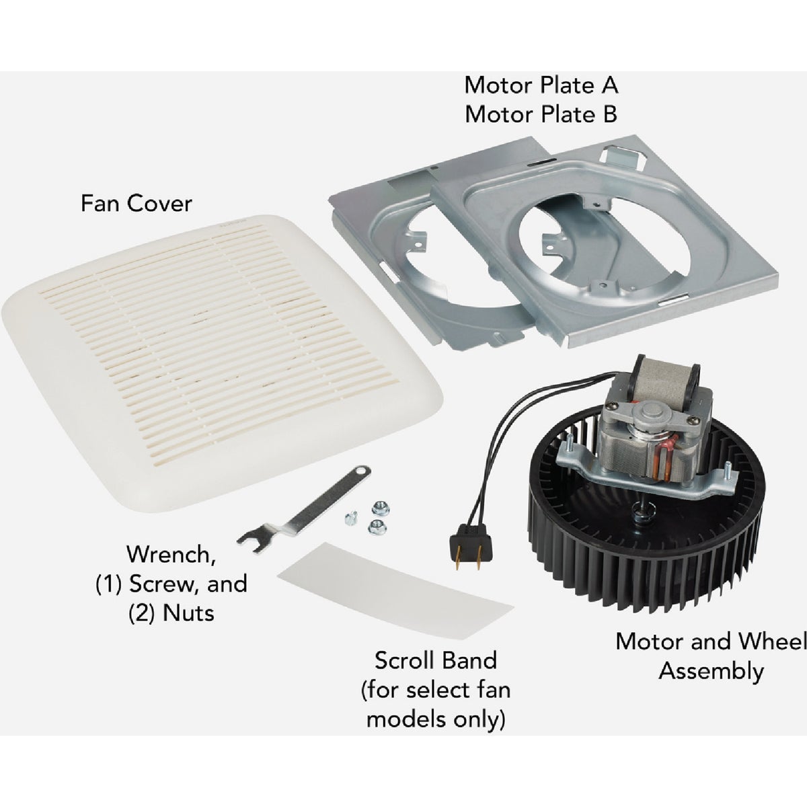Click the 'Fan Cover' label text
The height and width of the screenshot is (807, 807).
point(136,203)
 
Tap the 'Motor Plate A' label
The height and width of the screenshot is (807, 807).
point(541,85)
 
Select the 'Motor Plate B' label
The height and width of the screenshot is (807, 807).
point(541,114)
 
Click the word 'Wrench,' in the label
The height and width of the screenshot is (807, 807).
point(171,555)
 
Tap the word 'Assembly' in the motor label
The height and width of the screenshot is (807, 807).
point(711,671)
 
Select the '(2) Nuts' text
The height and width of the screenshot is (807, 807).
point(171,613)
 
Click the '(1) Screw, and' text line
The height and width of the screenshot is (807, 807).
point(171,584)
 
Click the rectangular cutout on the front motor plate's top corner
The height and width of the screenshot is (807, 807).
point(623,157)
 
